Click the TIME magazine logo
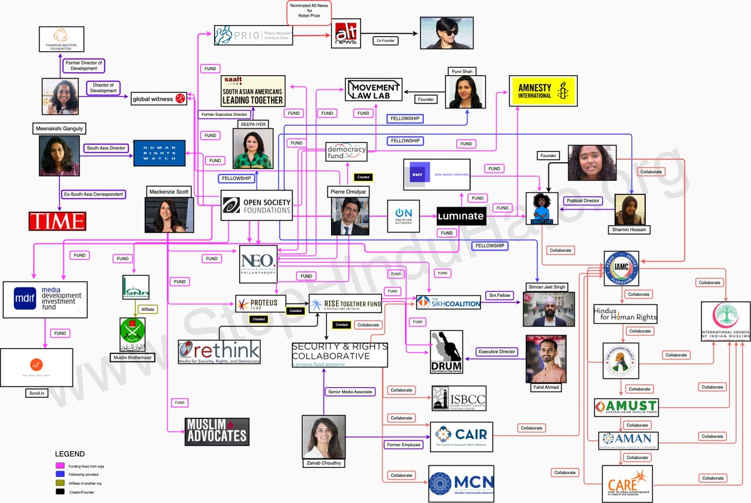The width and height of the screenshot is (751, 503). (57, 221)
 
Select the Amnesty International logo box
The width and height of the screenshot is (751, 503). (543, 91)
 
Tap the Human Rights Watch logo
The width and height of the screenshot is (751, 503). (159, 153)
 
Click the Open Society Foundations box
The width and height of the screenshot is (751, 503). (257, 205)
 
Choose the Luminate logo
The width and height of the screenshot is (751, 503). (461, 217)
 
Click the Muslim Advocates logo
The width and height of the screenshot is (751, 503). (217, 432)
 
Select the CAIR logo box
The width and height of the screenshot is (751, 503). (462, 436)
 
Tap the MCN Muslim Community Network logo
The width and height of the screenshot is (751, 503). (461, 484)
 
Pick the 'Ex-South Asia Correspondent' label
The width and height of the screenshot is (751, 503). (94, 194)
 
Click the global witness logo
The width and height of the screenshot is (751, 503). (159, 98)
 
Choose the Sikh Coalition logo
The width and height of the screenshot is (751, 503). (449, 303)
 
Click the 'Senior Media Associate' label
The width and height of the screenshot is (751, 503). (350, 392)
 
